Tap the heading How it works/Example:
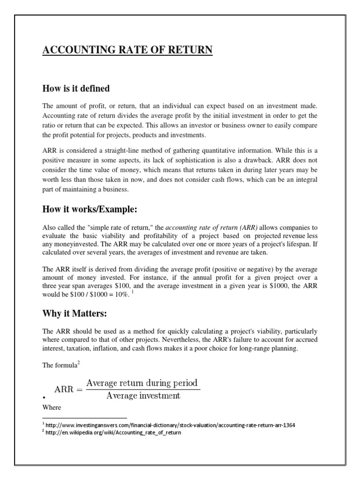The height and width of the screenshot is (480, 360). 89,209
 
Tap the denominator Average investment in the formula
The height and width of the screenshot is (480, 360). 143,396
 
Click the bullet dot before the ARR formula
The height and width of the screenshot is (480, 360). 44,397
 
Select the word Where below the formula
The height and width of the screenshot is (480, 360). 52,407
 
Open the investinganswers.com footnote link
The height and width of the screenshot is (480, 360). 171,425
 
